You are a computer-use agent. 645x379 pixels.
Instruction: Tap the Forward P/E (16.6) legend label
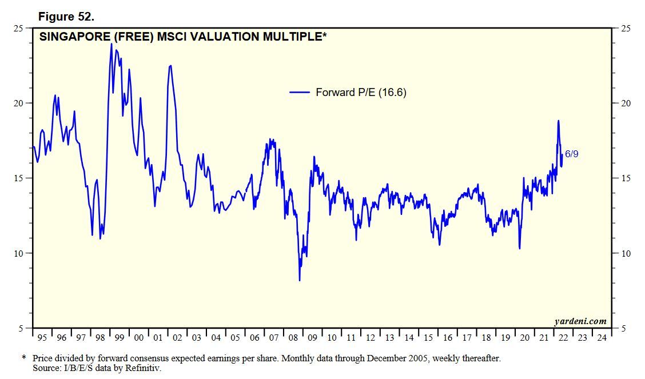[361, 92]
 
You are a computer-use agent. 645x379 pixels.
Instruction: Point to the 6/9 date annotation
[572, 154]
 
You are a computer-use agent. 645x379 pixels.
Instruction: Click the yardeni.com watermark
[580, 321]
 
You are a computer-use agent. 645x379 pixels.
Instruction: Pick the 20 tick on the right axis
[626, 103]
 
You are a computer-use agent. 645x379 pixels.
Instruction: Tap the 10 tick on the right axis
[626, 254]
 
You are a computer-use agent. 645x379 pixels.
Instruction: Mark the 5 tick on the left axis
[21, 329]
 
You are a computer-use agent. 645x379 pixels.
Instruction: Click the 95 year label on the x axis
[42, 338]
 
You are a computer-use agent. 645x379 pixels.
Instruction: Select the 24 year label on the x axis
[601, 338]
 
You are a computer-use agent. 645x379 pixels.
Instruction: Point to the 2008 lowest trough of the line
[300, 280]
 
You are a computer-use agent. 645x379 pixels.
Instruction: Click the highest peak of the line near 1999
[112, 44]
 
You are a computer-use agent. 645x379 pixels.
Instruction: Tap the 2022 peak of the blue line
[558, 121]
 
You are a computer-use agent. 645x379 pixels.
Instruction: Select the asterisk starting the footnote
[24, 358]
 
